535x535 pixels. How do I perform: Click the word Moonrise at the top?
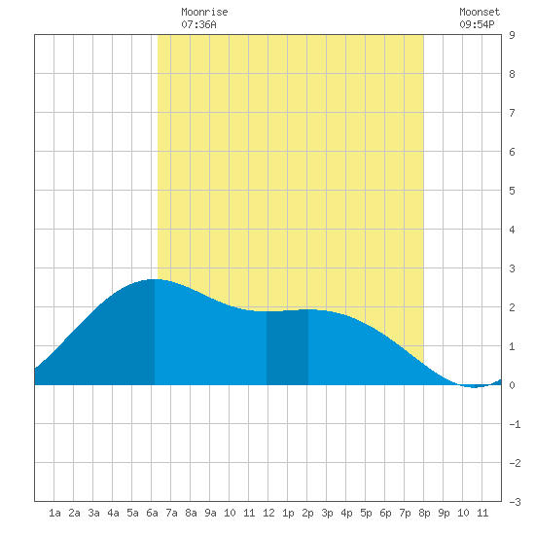coord(204,12)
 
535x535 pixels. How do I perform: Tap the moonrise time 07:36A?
coord(198,24)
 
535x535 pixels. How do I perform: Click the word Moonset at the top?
coord(480,12)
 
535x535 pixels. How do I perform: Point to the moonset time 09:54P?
coord(477,24)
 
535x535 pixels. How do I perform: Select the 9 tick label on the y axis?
coord(512,35)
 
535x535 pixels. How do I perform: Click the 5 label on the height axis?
coord(512,191)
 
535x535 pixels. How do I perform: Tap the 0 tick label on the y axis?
coord(512,385)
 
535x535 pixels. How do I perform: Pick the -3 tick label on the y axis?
coord(515,502)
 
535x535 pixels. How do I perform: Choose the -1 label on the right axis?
coord(515,424)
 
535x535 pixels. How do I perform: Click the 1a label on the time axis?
coord(54,513)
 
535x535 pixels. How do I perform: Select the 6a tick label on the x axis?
coord(152,513)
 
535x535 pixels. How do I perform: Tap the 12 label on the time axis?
coord(268,513)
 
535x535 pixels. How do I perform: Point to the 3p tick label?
coord(327,513)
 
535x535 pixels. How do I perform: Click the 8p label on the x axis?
coord(424,513)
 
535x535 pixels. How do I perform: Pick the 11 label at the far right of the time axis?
coord(482,513)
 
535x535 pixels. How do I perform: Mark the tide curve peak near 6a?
coord(156,279)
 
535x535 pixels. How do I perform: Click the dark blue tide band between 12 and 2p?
coord(287,347)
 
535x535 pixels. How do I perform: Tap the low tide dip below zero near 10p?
coord(475,387)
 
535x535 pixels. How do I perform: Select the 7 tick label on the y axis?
coord(512,113)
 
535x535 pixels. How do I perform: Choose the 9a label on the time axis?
coord(210,513)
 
